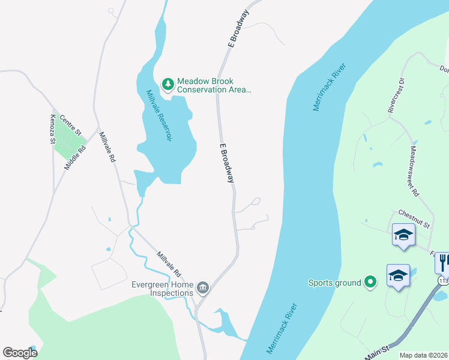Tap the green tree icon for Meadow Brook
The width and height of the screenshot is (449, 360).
tap(168, 83)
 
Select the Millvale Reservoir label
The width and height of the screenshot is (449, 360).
tap(160, 116)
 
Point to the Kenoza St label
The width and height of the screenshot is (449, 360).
tap(53, 128)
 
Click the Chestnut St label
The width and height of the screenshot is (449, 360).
tap(414, 218)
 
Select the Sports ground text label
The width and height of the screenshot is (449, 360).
tap(335, 283)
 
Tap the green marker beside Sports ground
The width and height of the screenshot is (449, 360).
tap(371, 282)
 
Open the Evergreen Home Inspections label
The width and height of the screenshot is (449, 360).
tap(163, 289)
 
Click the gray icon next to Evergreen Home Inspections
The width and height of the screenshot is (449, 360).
tap(203, 289)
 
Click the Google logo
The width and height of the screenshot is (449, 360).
tap(20, 353)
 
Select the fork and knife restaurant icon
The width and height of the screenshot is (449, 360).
tap(443, 262)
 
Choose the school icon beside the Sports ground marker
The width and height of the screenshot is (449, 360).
tap(398, 275)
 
